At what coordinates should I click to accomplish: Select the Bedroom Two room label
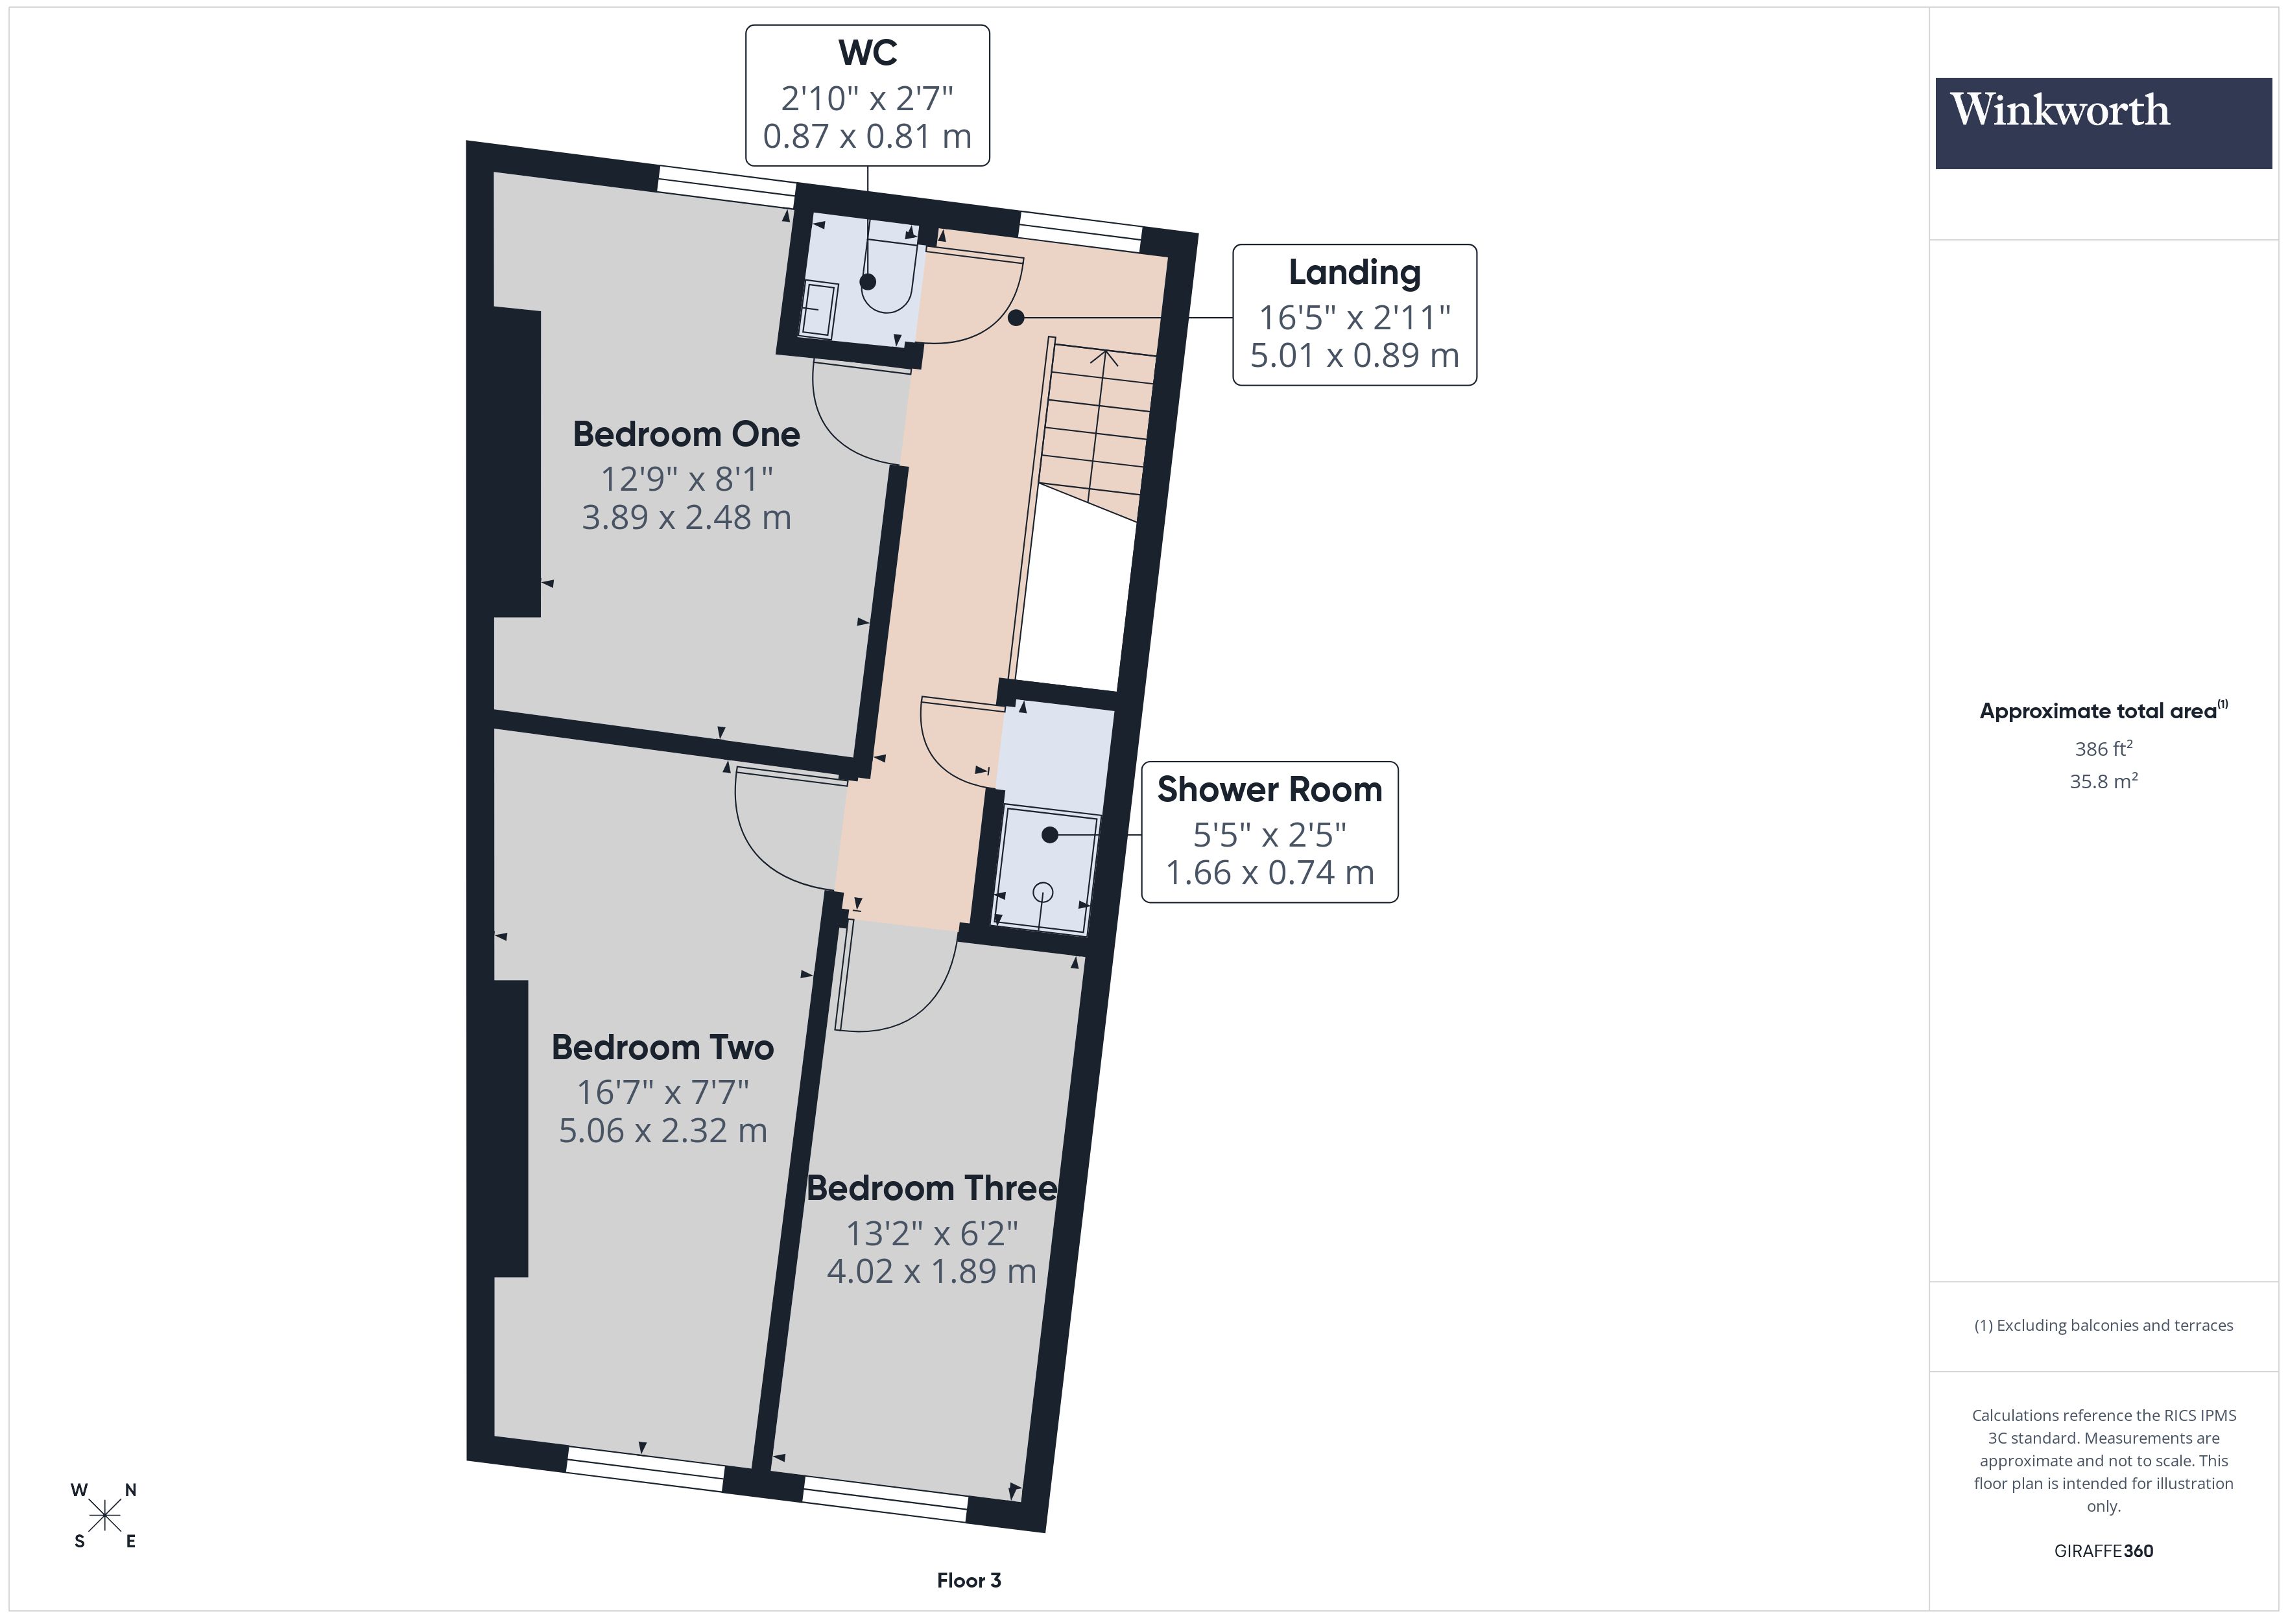coord(663,1047)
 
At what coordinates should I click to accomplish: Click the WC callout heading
coord(867,53)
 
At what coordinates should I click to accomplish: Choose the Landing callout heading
coord(1354,272)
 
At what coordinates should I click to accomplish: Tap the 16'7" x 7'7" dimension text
coord(663,1092)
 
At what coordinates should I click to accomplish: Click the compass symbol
coord(104,1516)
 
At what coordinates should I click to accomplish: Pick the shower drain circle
coord(1042,892)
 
